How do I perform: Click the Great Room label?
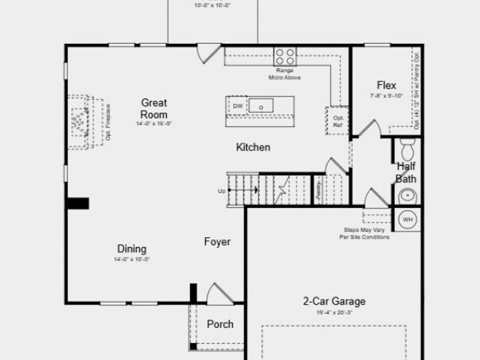(154, 108)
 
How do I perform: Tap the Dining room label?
(132, 249)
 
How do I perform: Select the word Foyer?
(218, 242)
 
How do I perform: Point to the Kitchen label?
(253, 147)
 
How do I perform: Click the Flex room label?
(387, 85)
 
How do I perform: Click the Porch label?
(220, 324)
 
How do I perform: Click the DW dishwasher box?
(238, 106)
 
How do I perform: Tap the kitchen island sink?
(261, 106)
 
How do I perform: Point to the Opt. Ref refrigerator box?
(338, 121)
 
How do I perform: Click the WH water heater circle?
(407, 219)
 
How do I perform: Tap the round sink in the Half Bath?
(409, 196)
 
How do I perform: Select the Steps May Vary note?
(365, 233)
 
